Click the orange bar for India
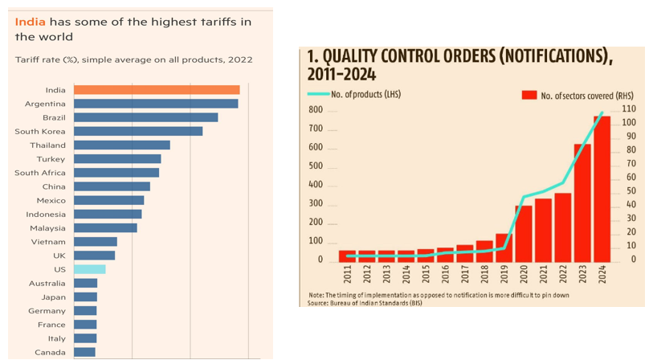click(x=157, y=90)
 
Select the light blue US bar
click(x=89, y=269)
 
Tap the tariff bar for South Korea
click(x=138, y=131)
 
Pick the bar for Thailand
click(x=122, y=145)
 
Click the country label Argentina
click(x=45, y=104)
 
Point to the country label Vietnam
click(x=48, y=242)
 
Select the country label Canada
click(x=50, y=352)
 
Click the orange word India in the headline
click(x=28, y=22)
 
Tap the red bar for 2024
click(x=602, y=190)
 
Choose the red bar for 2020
click(x=524, y=234)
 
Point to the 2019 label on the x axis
click(x=504, y=276)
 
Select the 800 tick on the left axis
click(x=316, y=110)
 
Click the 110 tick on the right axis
click(x=628, y=108)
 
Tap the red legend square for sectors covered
click(x=529, y=96)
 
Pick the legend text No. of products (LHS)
click(x=365, y=95)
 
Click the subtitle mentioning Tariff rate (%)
click(x=133, y=59)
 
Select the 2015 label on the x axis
click(x=426, y=276)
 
